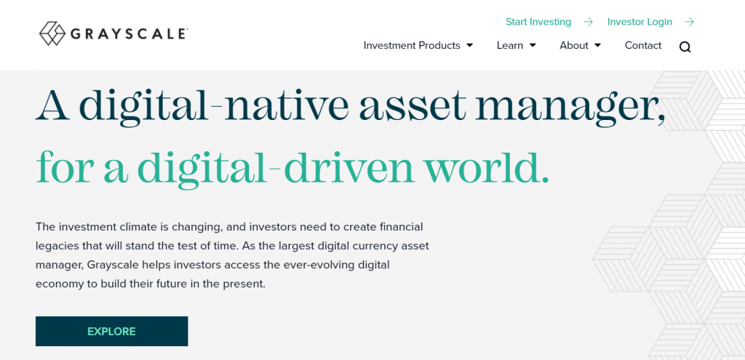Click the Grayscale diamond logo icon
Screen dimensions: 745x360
(52, 33)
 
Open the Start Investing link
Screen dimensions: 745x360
(538, 22)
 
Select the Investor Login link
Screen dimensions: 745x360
(640, 22)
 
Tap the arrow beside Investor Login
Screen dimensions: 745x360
(690, 22)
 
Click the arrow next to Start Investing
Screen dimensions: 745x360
(588, 22)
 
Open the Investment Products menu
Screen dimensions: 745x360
(412, 46)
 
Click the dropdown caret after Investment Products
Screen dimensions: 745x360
(469, 46)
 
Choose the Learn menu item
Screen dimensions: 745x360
(510, 46)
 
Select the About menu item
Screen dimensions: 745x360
(574, 46)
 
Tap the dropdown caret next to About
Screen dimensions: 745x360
(598, 46)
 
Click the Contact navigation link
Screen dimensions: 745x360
(643, 46)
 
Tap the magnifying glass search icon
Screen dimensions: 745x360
(685, 47)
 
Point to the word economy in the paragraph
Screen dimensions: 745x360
(55, 284)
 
